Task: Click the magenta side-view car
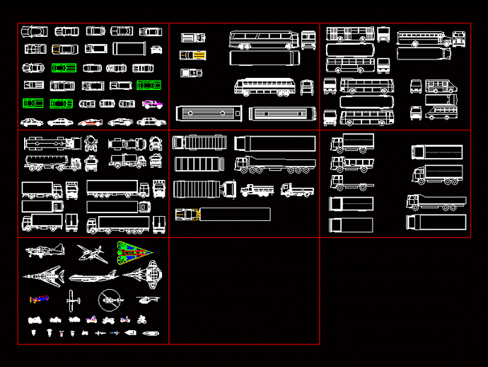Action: pos(151,103)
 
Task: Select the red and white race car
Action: pos(91,122)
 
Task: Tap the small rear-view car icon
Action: pos(156,49)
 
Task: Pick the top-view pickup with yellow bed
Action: pos(193,55)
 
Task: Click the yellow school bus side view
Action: pos(423,38)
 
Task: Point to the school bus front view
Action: pos(458,39)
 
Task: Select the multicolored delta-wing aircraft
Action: pos(135,252)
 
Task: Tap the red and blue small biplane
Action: pos(39,299)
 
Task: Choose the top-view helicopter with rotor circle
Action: pos(109,300)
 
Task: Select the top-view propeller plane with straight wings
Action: pos(71,300)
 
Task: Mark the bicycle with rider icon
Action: pos(142,320)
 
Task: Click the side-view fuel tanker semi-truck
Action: pos(53,164)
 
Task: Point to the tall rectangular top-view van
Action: pos(129,49)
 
